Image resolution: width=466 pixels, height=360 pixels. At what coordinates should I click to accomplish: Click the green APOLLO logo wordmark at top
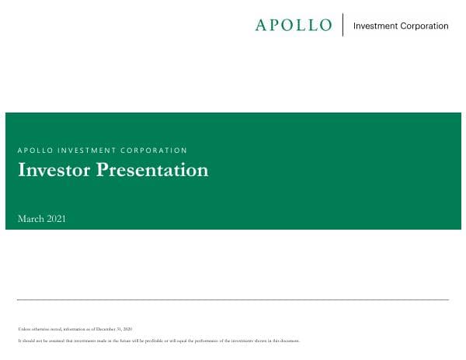click(x=293, y=25)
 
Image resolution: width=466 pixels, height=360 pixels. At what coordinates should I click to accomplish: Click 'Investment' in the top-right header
click(x=376, y=26)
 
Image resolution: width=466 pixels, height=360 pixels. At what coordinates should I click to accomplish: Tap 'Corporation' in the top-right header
click(x=424, y=26)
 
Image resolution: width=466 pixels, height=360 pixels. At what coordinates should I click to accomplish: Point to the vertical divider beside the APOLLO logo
click(x=343, y=25)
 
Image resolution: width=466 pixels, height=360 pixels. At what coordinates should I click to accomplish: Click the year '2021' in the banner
click(x=56, y=219)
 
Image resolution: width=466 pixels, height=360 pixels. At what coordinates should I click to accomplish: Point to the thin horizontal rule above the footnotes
click(x=233, y=299)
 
